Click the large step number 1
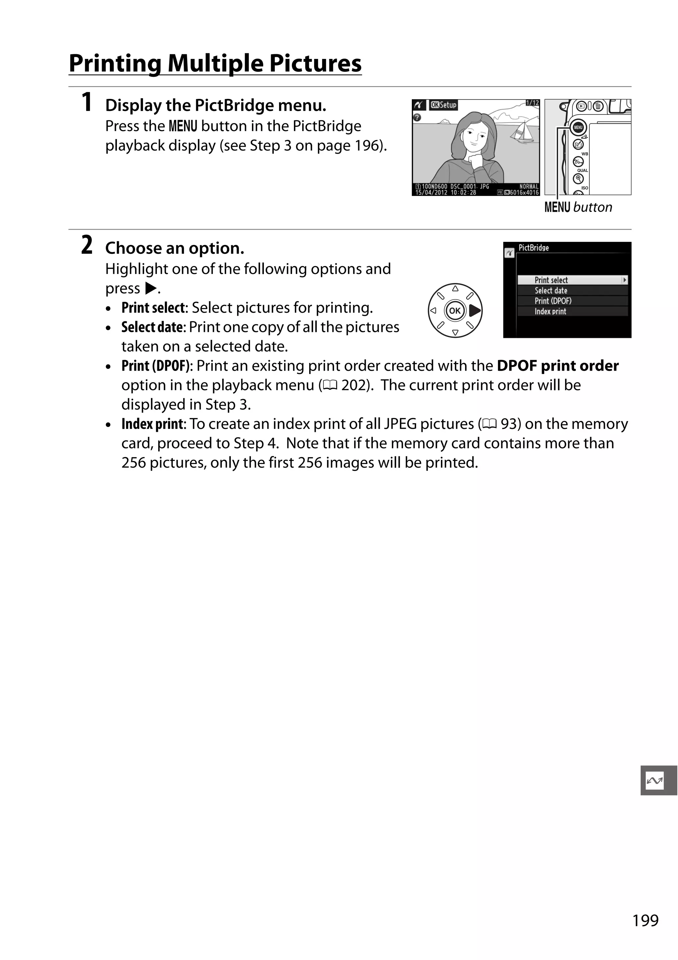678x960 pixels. (87, 103)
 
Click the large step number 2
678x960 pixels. (87, 246)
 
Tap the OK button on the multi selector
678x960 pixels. (455, 311)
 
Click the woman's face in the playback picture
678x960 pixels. (476, 136)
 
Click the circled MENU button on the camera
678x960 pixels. (578, 127)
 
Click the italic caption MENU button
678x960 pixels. (578, 207)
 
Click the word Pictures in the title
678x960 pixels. (315, 64)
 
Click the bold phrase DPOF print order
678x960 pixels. (557, 366)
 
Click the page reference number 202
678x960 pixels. (355, 385)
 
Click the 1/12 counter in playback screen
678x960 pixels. (532, 103)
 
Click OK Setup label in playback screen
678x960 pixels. (444, 105)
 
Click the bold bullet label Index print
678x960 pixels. (152, 424)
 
